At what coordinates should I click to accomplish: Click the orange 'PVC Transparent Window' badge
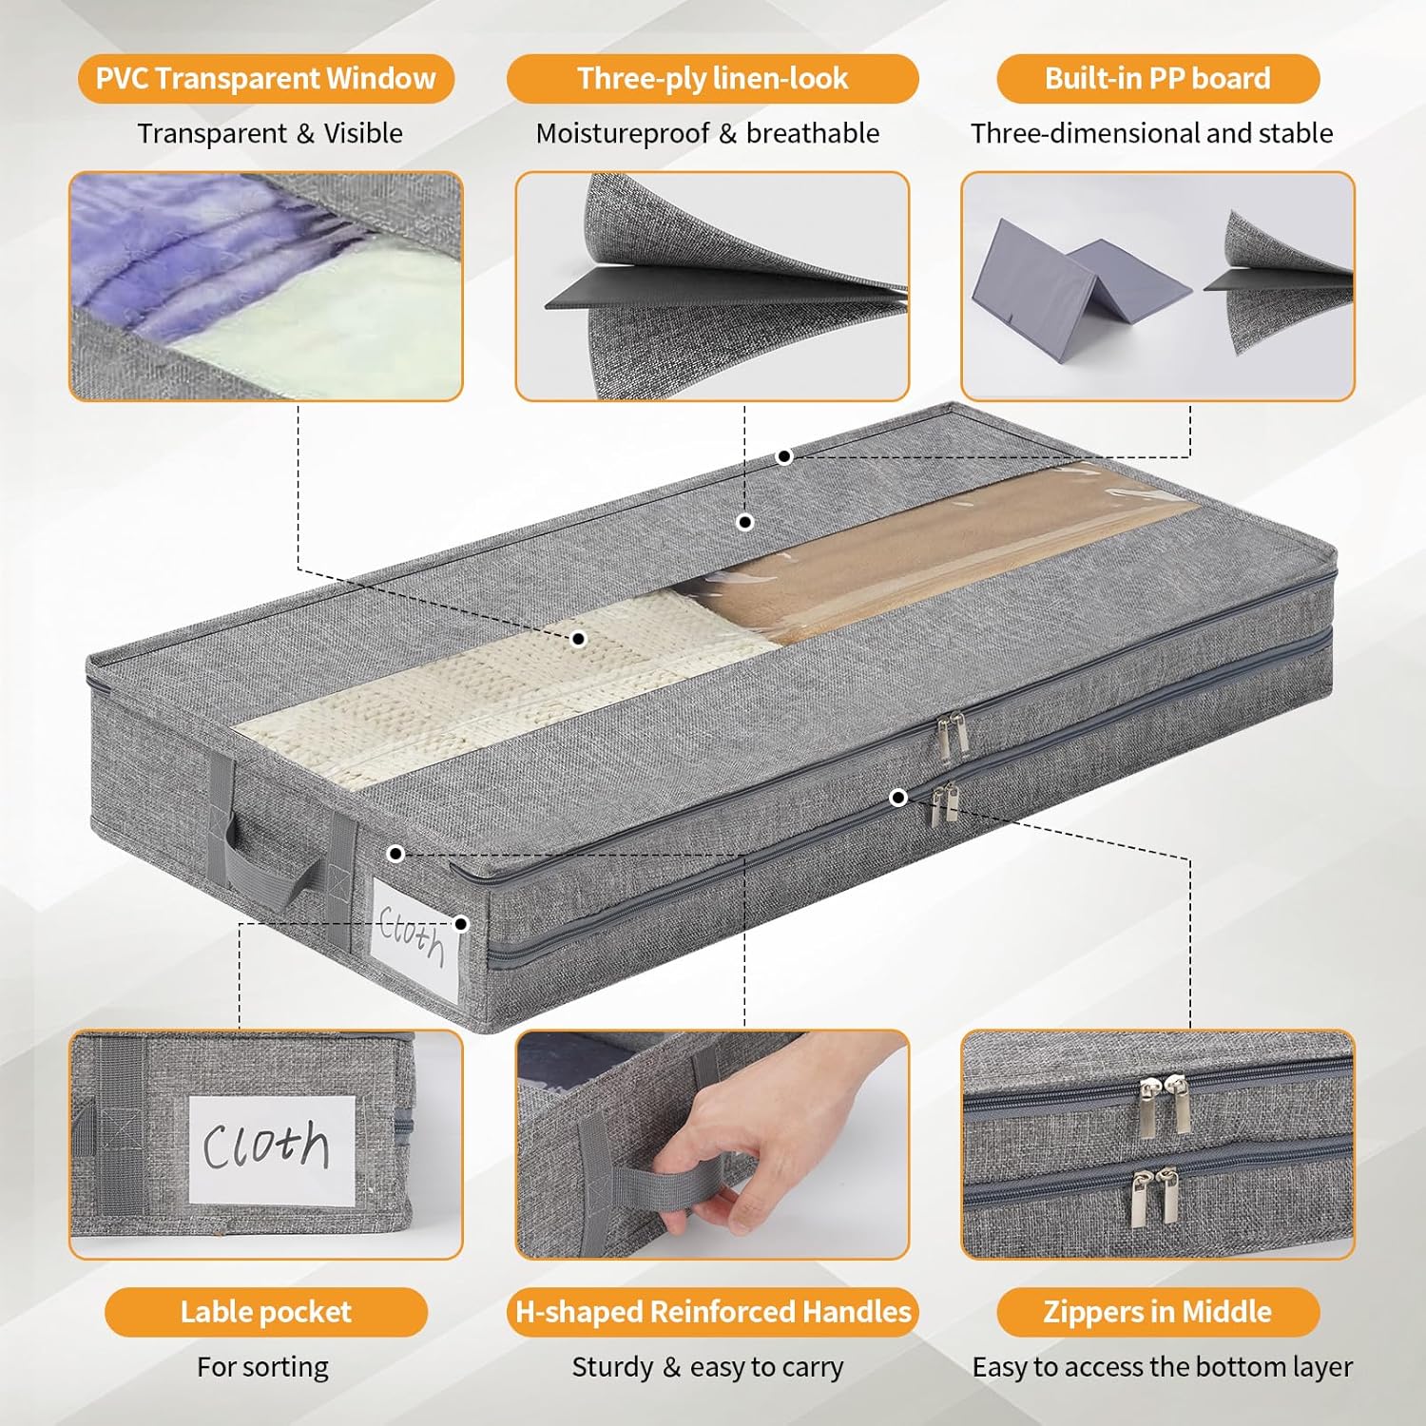[266, 78]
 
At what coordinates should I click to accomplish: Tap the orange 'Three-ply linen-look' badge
[712, 78]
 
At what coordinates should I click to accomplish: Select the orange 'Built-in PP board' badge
[1157, 78]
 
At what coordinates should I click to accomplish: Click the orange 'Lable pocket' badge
[266, 1312]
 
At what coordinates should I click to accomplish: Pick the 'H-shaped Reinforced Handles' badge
[713, 1312]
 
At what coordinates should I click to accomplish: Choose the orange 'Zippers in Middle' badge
[1157, 1312]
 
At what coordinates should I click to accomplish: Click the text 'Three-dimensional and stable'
[1151, 133]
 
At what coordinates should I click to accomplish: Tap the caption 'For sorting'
[262, 1367]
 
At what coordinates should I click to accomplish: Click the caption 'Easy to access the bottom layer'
[1162, 1367]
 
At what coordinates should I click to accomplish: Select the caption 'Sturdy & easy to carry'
[707, 1367]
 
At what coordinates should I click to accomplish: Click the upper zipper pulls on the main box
[953, 738]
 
